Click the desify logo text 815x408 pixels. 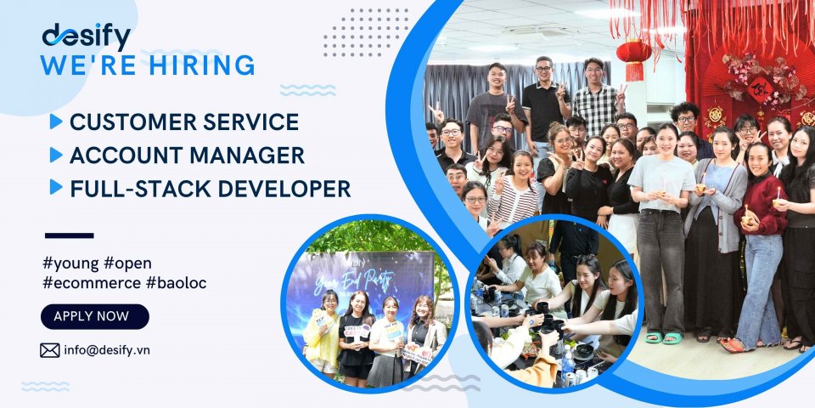pyautogui.click(x=86, y=37)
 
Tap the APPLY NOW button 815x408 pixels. pyautogui.click(x=94, y=316)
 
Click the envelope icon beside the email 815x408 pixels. pyautogui.click(x=50, y=349)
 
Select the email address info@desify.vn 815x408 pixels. pyautogui.click(x=106, y=349)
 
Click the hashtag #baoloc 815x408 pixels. pyautogui.click(x=176, y=282)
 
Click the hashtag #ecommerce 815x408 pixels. pyautogui.click(x=91, y=282)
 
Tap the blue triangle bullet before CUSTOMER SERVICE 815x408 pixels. pyautogui.click(x=56, y=122)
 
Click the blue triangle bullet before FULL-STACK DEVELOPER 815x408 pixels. pyautogui.click(x=56, y=188)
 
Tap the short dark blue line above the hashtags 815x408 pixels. pyautogui.click(x=68, y=235)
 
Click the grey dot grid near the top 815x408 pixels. pyautogui.click(x=365, y=32)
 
